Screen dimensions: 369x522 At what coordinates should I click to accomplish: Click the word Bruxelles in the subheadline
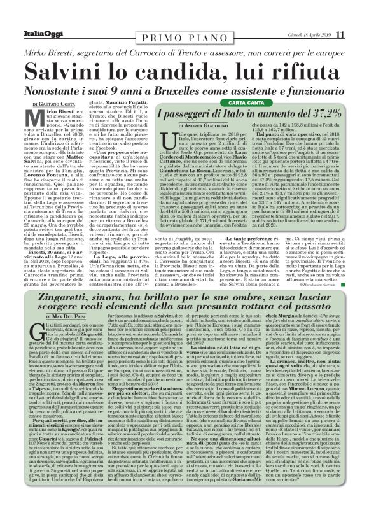(x=191, y=88)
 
